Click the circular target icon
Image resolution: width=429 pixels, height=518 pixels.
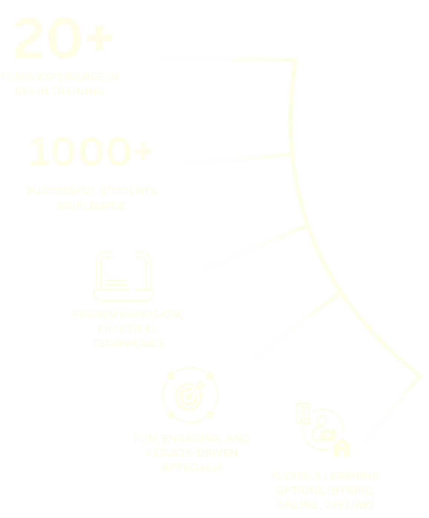tap(189, 394)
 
